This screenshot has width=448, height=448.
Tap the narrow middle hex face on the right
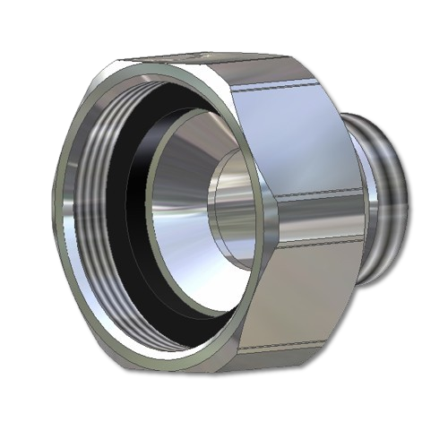(x=314, y=215)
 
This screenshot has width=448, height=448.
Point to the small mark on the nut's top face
(x=193, y=56)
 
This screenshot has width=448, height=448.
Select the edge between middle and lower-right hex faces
(x=314, y=240)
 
